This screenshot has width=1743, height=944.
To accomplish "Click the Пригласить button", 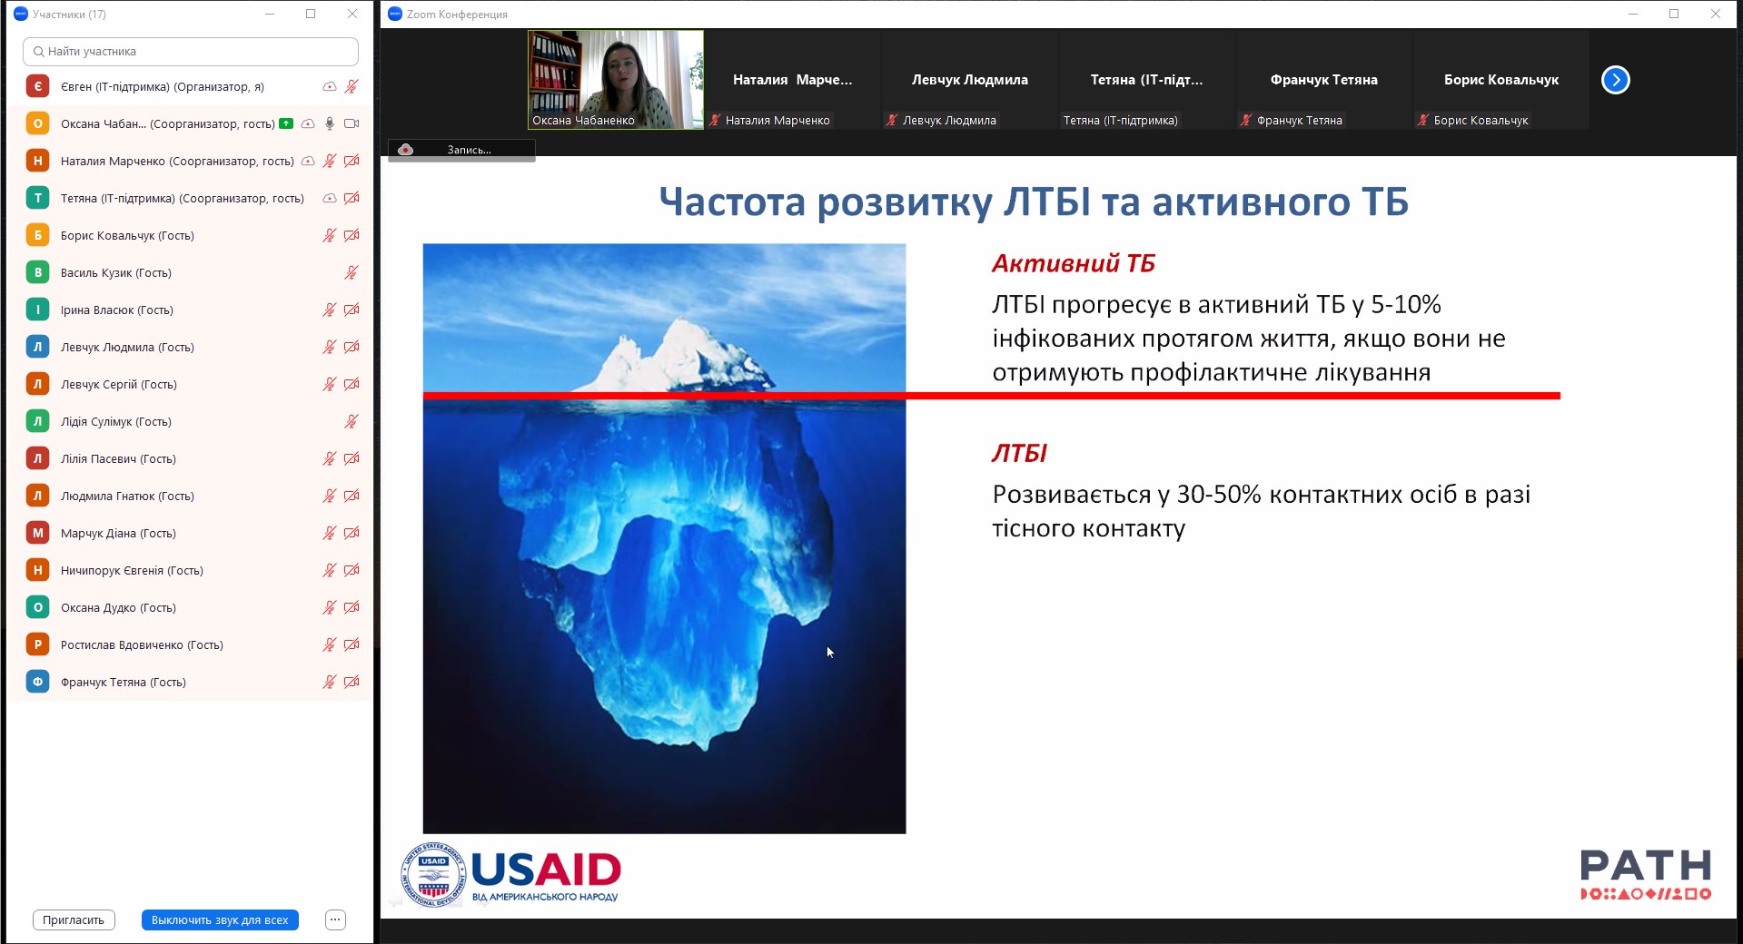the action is (x=74, y=919).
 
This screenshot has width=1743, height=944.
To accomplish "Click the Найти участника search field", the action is (x=191, y=52).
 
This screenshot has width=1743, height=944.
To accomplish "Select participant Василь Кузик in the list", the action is (x=116, y=272).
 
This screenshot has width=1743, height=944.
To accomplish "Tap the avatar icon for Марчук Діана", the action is (x=37, y=533).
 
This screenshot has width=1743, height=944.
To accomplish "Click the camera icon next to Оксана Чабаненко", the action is (x=352, y=123).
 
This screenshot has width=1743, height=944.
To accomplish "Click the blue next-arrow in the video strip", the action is (x=1615, y=80).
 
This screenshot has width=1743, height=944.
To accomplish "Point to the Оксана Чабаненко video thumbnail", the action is (x=616, y=80).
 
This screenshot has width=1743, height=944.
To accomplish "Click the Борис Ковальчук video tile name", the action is (x=1500, y=80).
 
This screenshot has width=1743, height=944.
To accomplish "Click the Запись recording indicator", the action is (x=461, y=150).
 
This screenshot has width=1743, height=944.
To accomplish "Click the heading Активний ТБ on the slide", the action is (x=1073, y=263).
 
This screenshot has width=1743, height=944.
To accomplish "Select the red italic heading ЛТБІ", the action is (x=1019, y=453).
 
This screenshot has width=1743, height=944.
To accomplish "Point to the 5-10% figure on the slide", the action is (x=1406, y=304).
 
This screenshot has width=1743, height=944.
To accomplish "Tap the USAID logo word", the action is (x=546, y=870).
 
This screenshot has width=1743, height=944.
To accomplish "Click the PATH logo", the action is (x=1645, y=874).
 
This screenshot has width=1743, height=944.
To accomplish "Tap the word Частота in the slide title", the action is (x=732, y=202).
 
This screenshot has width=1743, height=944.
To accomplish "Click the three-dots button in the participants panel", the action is (x=335, y=919).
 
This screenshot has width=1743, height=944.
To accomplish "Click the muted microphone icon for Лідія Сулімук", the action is (x=352, y=421).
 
